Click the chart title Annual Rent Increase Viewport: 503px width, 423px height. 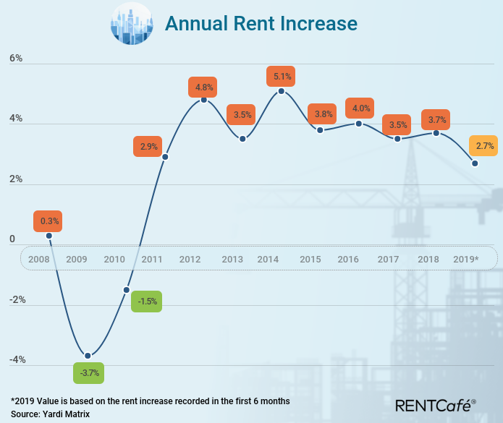261,24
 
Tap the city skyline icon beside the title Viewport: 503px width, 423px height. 131,24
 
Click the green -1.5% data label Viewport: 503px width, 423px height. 147,302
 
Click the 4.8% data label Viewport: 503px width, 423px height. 202,87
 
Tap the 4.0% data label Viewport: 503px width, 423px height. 360,108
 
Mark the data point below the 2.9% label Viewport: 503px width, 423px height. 165,157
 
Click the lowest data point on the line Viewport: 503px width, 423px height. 88,356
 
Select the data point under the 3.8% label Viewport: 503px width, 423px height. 320,129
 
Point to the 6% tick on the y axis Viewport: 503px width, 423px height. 16,59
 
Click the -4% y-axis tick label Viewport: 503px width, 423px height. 17,359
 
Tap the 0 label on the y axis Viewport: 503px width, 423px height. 12,239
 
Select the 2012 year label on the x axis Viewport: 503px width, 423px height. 190,259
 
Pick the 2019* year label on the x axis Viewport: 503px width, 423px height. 465,259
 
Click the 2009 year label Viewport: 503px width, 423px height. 77,259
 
